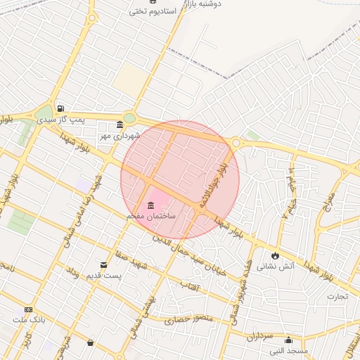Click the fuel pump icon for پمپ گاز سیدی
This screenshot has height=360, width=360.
(60, 108)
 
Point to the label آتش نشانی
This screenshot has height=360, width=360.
(274, 266)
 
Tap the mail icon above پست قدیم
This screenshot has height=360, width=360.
(104, 264)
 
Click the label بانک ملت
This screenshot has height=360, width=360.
(28, 320)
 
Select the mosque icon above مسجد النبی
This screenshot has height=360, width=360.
(288, 340)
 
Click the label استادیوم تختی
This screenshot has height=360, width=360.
(146, 11)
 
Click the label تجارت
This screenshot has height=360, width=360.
(337, 296)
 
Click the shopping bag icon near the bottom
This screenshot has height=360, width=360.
(90, 342)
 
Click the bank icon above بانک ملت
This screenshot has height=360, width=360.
(28, 309)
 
